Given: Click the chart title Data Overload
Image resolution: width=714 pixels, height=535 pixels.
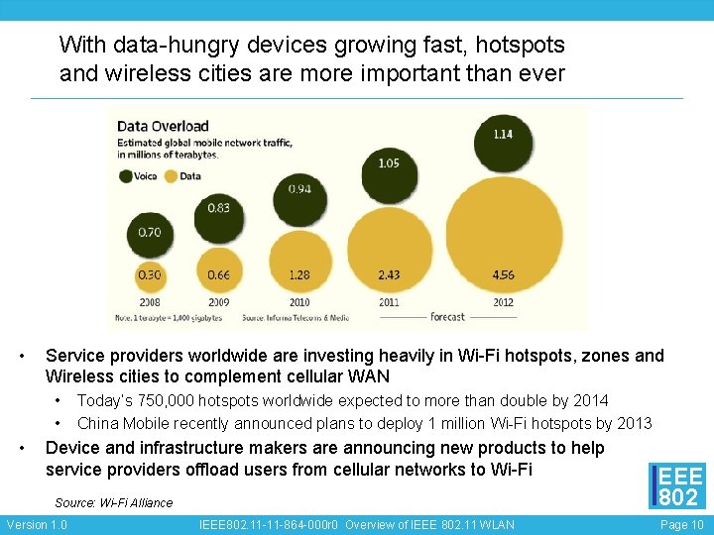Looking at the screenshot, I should click(x=164, y=126).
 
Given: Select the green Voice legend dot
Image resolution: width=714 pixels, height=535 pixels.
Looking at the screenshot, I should click(x=126, y=176).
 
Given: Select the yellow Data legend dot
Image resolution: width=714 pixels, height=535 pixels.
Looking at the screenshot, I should click(x=170, y=176).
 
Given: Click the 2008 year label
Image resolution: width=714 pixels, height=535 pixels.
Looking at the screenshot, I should click(x=150, y=302).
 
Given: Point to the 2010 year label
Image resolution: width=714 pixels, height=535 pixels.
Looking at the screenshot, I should click(x=299, y=302).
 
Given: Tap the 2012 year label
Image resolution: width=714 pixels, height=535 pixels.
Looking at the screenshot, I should click(x=503, y=302).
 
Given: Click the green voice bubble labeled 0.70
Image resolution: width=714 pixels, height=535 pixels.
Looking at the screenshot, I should click(x=150, y=234).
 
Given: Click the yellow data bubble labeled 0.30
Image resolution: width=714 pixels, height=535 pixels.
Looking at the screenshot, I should click(x=150, y=274).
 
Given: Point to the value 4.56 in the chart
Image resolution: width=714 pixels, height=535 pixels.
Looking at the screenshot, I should click(x=503, y=274).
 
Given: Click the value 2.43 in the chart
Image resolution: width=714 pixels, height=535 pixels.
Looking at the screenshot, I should click(x=389, y=274).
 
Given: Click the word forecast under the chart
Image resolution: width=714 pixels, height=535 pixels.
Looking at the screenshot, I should click(x=448, y=317).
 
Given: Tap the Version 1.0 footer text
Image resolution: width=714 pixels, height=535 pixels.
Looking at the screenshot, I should click(x=37, y=524).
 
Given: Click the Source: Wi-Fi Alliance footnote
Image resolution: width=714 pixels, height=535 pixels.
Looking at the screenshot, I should click(x=114, y=502).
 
